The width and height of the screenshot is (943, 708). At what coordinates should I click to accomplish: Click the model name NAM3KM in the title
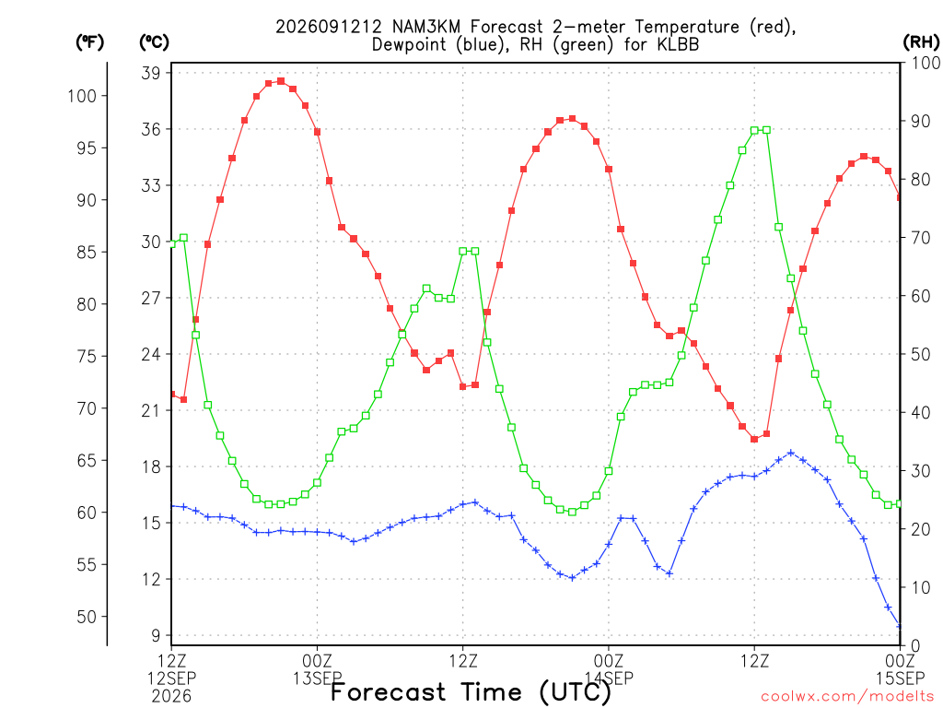coord(425,27)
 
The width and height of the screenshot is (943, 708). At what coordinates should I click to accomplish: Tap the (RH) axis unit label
coord(921,41)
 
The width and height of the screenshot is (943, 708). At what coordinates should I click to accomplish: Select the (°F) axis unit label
coord(89,42)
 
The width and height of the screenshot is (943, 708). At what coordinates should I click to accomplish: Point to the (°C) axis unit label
coord(154,42)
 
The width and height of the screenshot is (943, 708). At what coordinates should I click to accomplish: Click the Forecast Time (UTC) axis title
coord(471,691)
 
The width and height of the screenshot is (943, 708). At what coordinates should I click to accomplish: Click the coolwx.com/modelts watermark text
coord(848,697)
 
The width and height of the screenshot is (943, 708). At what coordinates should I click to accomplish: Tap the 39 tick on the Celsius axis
coord(150,73)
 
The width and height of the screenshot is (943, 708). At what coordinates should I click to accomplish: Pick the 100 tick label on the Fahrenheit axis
coord(82,96)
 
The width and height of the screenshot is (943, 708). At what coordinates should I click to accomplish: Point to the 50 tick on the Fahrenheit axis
coord(87,617)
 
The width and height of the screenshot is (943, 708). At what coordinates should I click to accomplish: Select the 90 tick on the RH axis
coord(921,121)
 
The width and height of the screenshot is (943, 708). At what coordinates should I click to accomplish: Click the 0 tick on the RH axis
coord(915,646)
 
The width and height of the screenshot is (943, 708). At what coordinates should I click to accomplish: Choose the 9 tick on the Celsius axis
coord(156,636)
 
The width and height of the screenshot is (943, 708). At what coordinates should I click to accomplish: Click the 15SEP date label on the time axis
coord(901,678)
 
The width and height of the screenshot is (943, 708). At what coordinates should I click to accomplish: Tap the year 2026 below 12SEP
coord(171,697)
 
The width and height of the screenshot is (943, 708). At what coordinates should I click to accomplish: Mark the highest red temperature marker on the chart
coord(281,81)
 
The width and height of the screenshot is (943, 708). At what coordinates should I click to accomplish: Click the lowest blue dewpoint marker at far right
coord(899,627)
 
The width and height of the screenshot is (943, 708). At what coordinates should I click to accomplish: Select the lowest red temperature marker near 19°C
coord(754,440)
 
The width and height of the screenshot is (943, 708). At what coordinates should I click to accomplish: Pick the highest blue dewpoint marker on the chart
coord(791,452)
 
